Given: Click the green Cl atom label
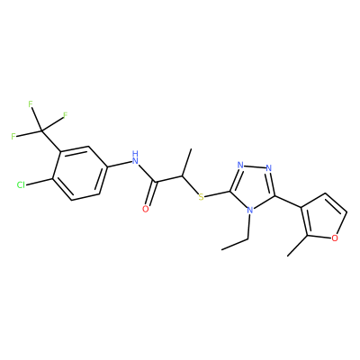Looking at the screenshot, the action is (21, 185).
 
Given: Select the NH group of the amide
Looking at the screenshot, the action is (135, 158).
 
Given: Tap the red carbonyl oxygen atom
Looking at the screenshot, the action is (146, 209).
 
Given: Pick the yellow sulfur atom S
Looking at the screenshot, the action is (201, 197).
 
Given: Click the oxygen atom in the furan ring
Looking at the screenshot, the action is (335, 238).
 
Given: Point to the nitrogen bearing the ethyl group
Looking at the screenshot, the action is (249, 211).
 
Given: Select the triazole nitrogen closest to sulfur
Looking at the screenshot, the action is (239, 165).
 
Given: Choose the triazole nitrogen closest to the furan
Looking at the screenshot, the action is (269, 167).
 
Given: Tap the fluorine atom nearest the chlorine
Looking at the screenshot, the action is (13, 137).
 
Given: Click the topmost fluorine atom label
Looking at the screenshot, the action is (30, 104).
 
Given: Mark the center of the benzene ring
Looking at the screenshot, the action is (79, 173).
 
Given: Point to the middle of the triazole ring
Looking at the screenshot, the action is (253, 187).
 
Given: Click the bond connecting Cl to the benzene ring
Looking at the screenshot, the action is (39, 182).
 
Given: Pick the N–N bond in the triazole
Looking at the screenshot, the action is (255, 166).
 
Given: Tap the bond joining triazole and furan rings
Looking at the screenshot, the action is (289, 202).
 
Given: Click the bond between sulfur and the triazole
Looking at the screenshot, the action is (217, 194).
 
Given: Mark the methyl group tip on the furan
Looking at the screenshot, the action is (288, 256).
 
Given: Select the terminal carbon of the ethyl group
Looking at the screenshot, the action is (221, 249).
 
